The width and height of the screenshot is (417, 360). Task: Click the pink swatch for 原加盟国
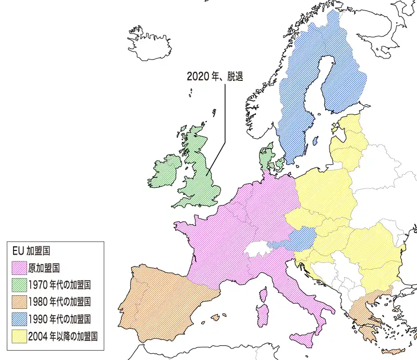click(x=19, y=269)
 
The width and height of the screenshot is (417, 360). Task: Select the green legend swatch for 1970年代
click(x=19, y=285)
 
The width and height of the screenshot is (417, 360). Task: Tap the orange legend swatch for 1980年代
click(x=19, y=302)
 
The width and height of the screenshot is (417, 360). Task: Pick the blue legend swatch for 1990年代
click(x=19, y=318)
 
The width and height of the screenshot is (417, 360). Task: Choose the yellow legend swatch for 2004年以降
click(x=19, y=335)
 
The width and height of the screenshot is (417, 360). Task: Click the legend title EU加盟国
click(x=31, y=251)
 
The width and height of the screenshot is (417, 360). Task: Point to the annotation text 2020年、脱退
click(x=215, y=76)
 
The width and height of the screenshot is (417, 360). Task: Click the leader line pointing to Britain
click(x=225, y=115)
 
